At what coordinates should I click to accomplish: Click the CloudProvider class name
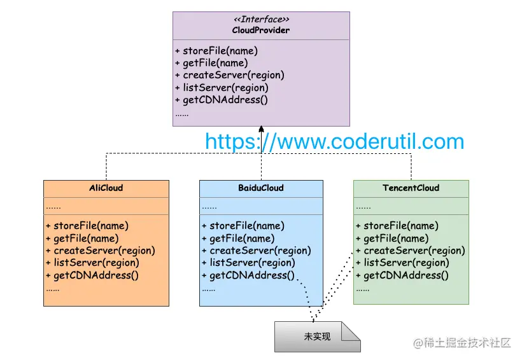coord(261,30)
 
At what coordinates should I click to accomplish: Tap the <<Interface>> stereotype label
coord(261,20)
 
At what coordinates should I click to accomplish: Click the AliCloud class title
coord(106,188)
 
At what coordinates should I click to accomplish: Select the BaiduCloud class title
coord(261,188)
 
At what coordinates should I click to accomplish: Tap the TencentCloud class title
coord(411,188)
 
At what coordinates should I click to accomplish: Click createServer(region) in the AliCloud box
coord(101,251)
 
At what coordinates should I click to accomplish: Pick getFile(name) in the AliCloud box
coord(82,239)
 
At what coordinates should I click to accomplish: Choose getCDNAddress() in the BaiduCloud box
coord(249,275)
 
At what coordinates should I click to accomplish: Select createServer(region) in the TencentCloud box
coord(411,251)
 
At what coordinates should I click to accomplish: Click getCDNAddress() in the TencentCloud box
coord(402,275)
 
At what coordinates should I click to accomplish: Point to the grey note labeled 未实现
coord(317,336)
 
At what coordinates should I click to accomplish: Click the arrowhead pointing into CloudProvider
coord(261,130)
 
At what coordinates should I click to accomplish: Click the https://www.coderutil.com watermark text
coord(334,141)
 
